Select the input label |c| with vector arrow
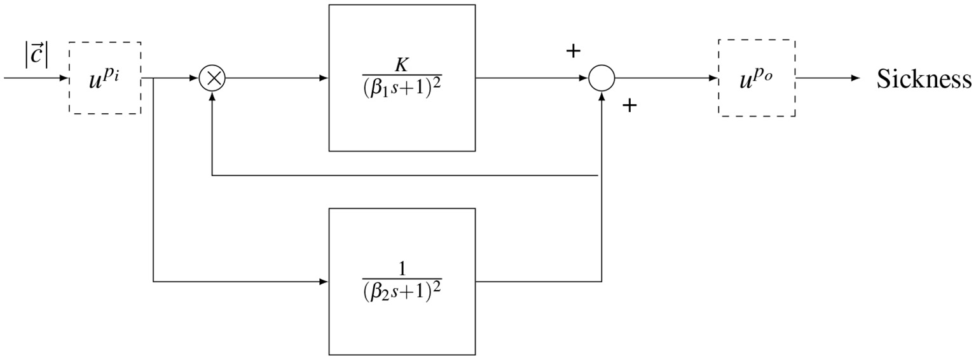37,55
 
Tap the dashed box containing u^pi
105,78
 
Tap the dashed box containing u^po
756,78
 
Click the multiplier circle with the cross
212,79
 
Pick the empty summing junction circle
601,79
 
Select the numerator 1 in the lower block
402,270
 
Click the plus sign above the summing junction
573,52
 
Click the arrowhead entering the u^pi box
64,79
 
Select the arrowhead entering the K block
324,79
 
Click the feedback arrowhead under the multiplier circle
212,97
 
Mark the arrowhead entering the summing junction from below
601,97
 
